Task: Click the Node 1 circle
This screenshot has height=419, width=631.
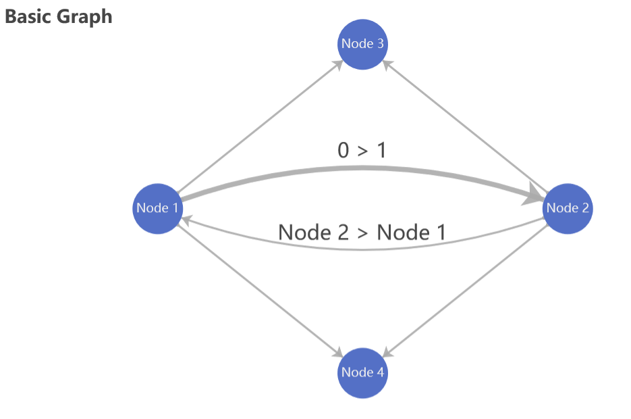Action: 158,207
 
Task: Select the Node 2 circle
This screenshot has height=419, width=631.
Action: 568,207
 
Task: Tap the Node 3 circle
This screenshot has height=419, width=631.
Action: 363,44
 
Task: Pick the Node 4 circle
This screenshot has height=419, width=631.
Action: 363,372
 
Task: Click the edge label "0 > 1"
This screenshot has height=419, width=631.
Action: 362,150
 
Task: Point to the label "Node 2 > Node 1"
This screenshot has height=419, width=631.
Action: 362,232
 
